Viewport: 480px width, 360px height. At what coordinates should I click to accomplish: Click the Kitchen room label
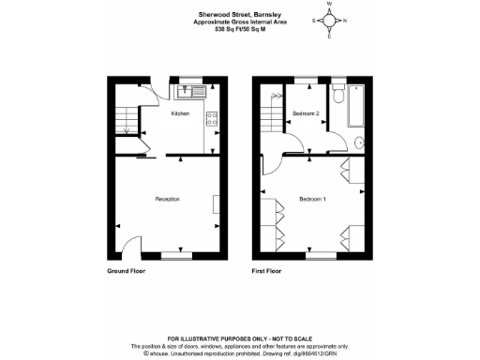pos(180,113)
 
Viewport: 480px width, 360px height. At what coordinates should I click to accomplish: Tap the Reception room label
pos(167,199)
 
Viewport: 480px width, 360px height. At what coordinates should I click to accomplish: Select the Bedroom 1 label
pos(312,199)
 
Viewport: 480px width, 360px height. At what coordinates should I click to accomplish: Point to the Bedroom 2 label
pos(306,113)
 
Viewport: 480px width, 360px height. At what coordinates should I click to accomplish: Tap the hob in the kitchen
pos(212,118)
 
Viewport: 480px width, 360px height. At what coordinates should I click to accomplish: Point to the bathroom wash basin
pos(359,143)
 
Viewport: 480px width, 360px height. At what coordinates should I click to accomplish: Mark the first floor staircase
pos(270,117)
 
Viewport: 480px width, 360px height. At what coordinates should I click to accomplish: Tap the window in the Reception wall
pos(176,255)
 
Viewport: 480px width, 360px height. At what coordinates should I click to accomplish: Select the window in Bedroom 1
pos(321,255)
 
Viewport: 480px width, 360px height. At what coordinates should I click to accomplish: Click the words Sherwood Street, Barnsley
pos(232,14)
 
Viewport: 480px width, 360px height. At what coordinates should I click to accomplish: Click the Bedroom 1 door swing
pos(293,145)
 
